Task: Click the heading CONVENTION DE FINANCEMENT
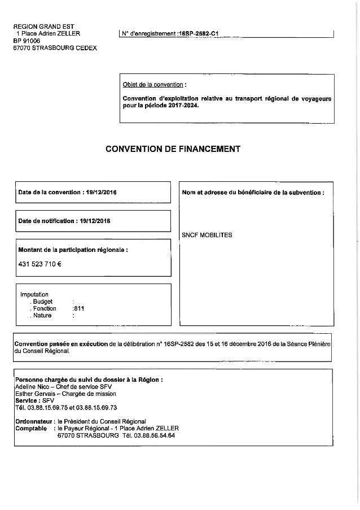click(x=173, y=149)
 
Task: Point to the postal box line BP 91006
click(x=28, y=41)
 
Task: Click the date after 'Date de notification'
click(x=93, y=221)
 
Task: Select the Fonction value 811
click(x=79, y=308)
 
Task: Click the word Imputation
click(x=34, y=294)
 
